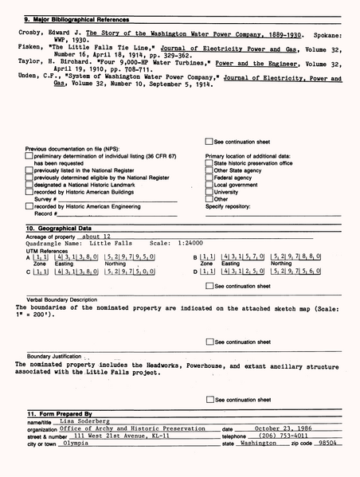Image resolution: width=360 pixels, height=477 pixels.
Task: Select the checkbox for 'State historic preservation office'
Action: pos(209,163)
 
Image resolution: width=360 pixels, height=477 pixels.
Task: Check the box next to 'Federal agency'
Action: pos(209,178)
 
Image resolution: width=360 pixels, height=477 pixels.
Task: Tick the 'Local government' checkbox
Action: pos(209,185)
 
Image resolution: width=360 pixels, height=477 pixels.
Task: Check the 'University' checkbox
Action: pos(209,192)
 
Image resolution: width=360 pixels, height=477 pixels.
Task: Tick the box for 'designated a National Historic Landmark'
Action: pos(29,185)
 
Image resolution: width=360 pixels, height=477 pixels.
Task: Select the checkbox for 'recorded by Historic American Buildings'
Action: pos(29,192)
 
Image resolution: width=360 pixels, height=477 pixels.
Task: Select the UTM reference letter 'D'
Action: pos(195,272)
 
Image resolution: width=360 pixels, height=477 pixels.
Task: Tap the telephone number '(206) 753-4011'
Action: pos(280,436)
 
